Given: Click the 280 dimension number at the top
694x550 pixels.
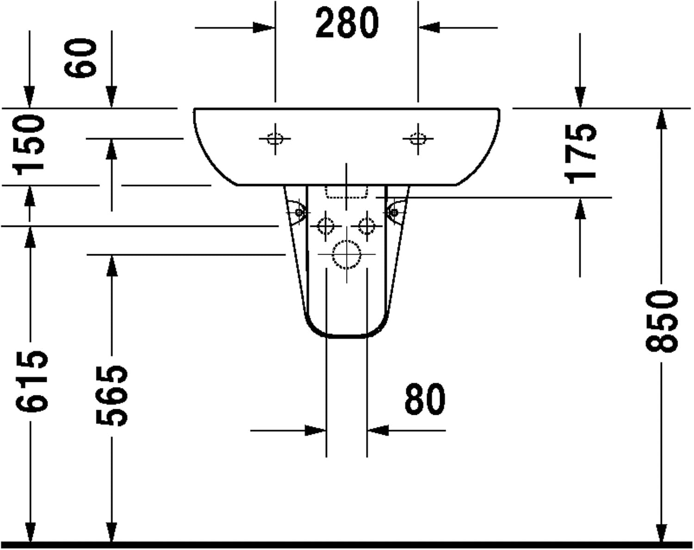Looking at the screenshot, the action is [x=347, y=23].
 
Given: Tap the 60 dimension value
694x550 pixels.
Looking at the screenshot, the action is [x=81, y=58].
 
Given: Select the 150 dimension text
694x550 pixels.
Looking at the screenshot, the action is [x=28, y=144].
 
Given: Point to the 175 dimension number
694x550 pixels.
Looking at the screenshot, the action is [x=581, y=154].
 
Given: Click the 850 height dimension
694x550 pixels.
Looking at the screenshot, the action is [x=662, y=321].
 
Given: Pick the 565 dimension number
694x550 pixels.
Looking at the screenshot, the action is [x=112, y=395].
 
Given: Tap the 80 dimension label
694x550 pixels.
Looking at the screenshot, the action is [x=425, y=399].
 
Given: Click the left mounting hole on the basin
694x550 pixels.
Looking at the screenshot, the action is [x=275, y=139].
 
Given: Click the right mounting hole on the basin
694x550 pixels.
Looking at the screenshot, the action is [x=418, y=139].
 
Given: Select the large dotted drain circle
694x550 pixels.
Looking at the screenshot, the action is [x=347, y=255].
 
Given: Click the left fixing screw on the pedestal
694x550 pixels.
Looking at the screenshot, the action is [x=299, y=212].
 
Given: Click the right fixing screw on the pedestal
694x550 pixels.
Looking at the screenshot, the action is [x=394, y=212].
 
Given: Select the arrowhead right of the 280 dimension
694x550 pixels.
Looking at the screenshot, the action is [x=429, y=28].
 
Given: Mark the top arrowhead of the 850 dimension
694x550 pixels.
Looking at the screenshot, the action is [x=662, y=119].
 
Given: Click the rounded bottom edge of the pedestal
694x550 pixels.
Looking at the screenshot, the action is [x=347, y=337].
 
